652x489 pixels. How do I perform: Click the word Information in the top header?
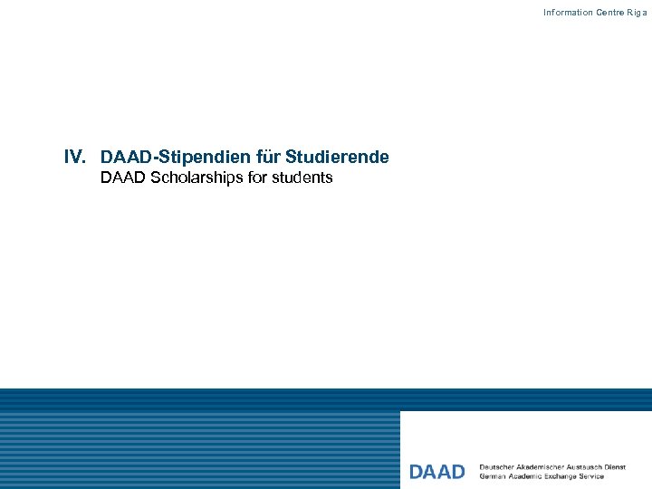pyautogui.click(x=568, y=13)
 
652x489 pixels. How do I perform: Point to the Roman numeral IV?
pyautogui.click(x=74, y=157)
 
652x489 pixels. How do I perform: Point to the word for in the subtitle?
pyautogui.click(x=258, y=178)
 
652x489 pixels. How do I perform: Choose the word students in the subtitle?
pyautogui.click(x=303, y=178)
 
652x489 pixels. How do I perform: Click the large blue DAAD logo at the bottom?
pyautogui.click(x=437, y=472)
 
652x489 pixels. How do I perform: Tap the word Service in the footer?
pyautogui.click(x=593, y=476)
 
